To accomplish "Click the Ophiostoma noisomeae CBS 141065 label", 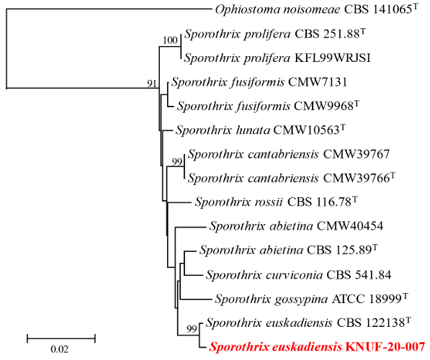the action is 316,10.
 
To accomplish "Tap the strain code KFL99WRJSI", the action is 332,58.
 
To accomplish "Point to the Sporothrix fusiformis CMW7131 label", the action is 259,82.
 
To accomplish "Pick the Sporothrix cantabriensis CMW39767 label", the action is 289,154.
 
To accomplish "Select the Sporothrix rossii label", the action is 238,202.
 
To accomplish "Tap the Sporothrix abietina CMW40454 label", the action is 296,226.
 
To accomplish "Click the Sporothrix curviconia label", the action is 264,275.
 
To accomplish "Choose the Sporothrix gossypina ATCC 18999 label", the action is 312,299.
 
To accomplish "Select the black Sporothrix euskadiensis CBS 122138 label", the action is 308,323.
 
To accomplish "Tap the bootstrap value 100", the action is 170,40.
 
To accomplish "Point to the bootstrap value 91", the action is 152,84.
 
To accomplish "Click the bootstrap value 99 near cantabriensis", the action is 177,162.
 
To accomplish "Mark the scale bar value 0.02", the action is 60,349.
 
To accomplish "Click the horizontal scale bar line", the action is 61,338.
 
